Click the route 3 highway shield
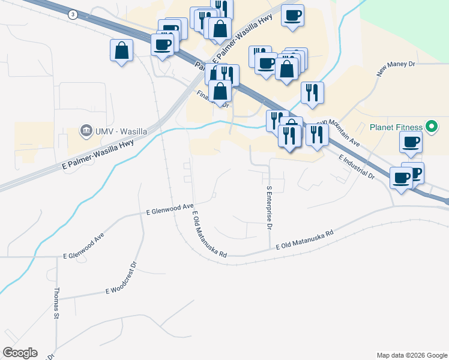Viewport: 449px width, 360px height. [73, 14]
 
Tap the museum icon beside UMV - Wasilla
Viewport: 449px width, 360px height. [86, 131]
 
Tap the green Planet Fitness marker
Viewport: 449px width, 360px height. [430, 127]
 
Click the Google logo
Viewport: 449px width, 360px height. [20, 353]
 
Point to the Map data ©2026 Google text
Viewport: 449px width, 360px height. [411, 355]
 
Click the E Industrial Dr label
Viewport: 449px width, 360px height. [356, 167]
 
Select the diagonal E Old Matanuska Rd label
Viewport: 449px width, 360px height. [209, 235]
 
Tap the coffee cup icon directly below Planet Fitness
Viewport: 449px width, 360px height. [411, 142]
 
